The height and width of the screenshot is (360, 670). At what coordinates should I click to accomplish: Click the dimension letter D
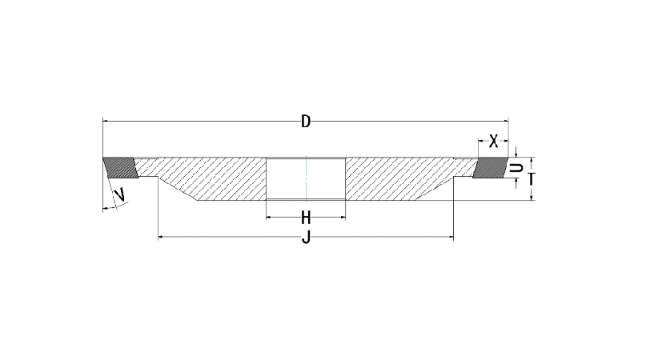click(306, 122)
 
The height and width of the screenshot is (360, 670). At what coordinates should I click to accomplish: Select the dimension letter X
click(494, 141)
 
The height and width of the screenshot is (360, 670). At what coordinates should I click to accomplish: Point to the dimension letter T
click(532, 179)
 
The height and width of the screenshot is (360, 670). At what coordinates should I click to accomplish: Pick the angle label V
click(121, 194)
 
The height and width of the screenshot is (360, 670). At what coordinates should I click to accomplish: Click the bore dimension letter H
click(306, 218)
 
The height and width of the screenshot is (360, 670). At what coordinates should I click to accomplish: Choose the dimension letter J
click(306, 238)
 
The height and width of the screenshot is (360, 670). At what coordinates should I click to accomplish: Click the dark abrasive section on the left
click(121, 167)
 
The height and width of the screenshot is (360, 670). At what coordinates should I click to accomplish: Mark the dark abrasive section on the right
click(490, 167)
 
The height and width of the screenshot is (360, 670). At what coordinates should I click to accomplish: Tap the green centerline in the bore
click(306, 178)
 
